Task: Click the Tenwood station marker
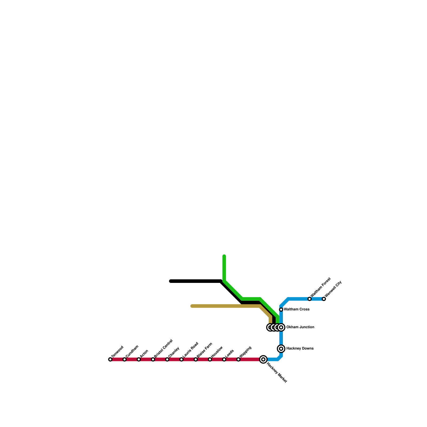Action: pyautogui.click(x=110, y=359)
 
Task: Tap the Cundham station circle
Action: pyautogui.click(x=124, y=359)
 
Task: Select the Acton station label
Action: pyautogui.click(x=144, y=353)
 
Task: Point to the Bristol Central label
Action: pyautogui.click(x=164, y=348)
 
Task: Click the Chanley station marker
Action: pyautogui.click(x=167, y=359)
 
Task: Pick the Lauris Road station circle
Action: pyautogui.click(x=181, y=359)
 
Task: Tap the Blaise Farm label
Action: pyautogui.click(x=205, y=350)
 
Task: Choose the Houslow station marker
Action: pyautogui.click(x=210, y=359)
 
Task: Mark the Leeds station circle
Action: pyautogui.click(x=224, y=359)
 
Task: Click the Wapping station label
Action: pyautogui.click(x=246, y=352)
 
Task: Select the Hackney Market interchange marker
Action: pyautogui.click(x=263, y=359)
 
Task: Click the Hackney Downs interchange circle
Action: pyautogui.click(x=281, y=349)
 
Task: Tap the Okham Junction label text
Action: pyautogui.click(x=300, y=327)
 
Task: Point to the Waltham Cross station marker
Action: pyautogui.click(x=281, y=310)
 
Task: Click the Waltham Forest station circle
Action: pyautogui.click(x=310, y=299)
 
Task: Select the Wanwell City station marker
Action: pyautogui.click(x=324, y=299)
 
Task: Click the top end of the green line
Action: pyautogui.click(x=224, y=256)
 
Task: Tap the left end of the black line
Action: pyautogui.click(x=171, y=281)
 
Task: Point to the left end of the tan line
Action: pyautogui.click(x=192, y=306)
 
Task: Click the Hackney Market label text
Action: pyautogui.click(x=277, y=373)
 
